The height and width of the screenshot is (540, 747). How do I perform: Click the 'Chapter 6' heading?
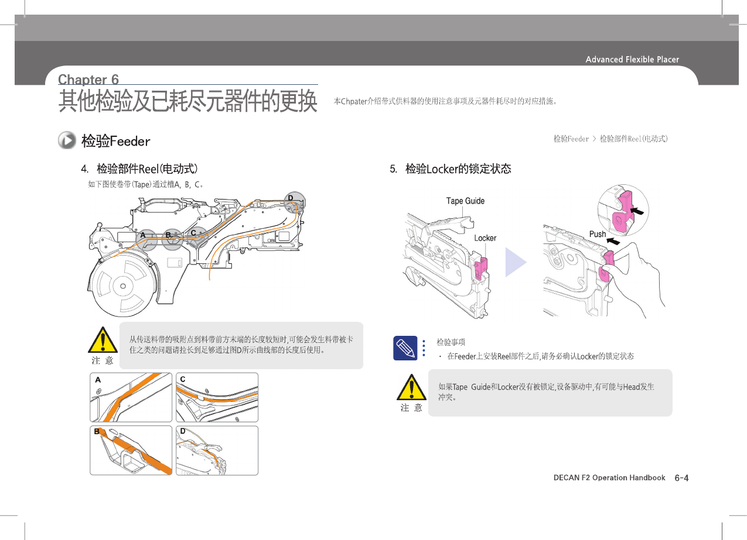pyautogui.click(x=88, y=80)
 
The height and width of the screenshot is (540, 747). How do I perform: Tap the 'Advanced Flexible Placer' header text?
pyautogui.click(x=632, y=59)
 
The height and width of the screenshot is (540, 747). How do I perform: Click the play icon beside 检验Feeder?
pyautogui.click(x=67, y=140)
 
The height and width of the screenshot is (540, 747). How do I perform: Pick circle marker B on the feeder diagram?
pyautogui.click(x=172, y=239)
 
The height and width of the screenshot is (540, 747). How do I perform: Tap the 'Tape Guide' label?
pyautogui.click(x=465, y=201)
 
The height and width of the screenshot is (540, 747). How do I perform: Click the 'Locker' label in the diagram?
pyautogui.click(x=485, y=238)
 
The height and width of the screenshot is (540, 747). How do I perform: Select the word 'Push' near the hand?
pyautogui.click(x=598, y=234)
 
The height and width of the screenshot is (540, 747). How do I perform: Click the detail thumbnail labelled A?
pyautogui.click(x=131, y=397)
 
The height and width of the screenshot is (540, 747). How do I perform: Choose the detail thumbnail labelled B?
pyautogui.click(x=131, y=450)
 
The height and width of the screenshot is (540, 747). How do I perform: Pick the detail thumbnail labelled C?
pyautogui.click(x=217, y=397)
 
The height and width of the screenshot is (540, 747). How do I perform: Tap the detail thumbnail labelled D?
pyautogui.click(x=217, y=450)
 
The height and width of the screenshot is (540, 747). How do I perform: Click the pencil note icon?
pyautogui.click(x=405, y=348)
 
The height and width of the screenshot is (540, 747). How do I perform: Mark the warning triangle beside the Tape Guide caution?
pyautogui.click(x=412, y=387)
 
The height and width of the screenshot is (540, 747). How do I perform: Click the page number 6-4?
pyautogui.click(x=681, y=478)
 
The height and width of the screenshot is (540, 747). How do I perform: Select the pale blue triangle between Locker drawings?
pyautogui.click(x=515, y=262)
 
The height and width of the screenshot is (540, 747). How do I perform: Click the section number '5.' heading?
pyautogui.click(x=394, y=169)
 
